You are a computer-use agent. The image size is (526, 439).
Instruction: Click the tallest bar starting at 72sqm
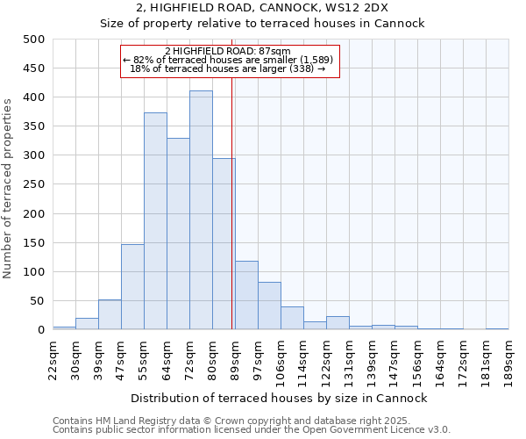pos(201,211)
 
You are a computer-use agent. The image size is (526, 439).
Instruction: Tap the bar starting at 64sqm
pos(178,234)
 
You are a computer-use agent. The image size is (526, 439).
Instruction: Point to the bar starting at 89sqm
pos(246,296)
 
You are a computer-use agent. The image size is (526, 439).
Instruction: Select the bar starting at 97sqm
pos(269,306)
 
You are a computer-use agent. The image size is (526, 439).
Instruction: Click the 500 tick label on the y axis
pos(33,40)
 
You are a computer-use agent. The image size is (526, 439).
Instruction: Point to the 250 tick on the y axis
pos(33,184)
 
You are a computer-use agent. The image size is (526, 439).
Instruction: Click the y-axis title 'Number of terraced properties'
pos(8,189)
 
